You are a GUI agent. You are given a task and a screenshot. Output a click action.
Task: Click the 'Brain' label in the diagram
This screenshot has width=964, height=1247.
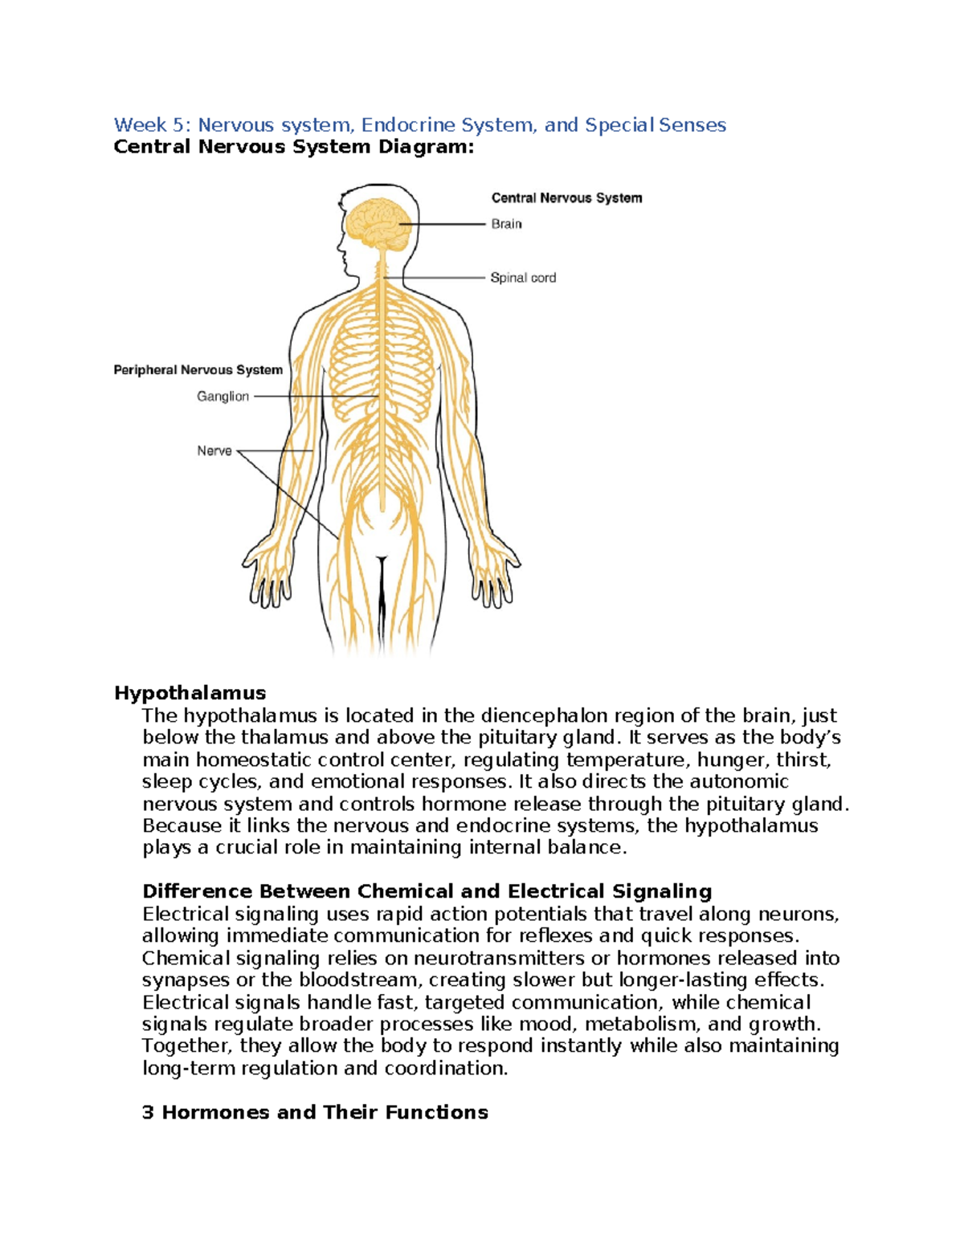[506, 224]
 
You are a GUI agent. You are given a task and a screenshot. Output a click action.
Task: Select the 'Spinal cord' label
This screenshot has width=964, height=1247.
[523, 278]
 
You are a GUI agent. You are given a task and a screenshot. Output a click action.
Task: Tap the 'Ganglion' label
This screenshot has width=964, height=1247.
[223, 397]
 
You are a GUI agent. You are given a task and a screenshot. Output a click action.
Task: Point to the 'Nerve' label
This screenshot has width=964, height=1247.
[214, 451]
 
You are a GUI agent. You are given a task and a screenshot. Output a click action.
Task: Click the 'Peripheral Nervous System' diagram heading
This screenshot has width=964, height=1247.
[198, 370]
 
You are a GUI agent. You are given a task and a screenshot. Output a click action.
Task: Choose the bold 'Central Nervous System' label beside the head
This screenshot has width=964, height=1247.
[566, 198]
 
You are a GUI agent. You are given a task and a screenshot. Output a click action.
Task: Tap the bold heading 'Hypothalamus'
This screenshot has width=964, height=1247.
[190, 693]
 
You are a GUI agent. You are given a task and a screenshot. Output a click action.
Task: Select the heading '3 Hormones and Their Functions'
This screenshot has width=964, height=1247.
[315, 1112]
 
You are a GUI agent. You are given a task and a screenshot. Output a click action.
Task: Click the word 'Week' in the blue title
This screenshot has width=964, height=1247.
[141, 125]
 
